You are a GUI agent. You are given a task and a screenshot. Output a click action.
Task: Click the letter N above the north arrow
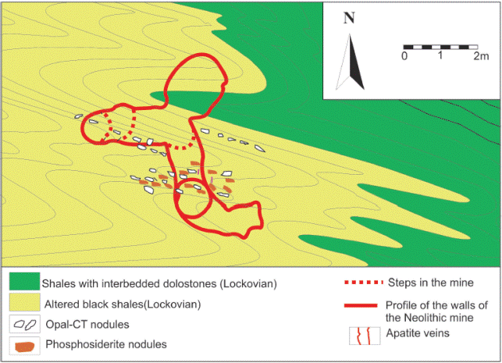tap(349, 18)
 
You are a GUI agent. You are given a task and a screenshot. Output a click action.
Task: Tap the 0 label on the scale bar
tap(404, 57)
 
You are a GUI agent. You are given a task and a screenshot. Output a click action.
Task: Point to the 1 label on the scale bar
tap(441, 57)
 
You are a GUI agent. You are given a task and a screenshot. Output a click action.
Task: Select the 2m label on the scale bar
tap(480, 57)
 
